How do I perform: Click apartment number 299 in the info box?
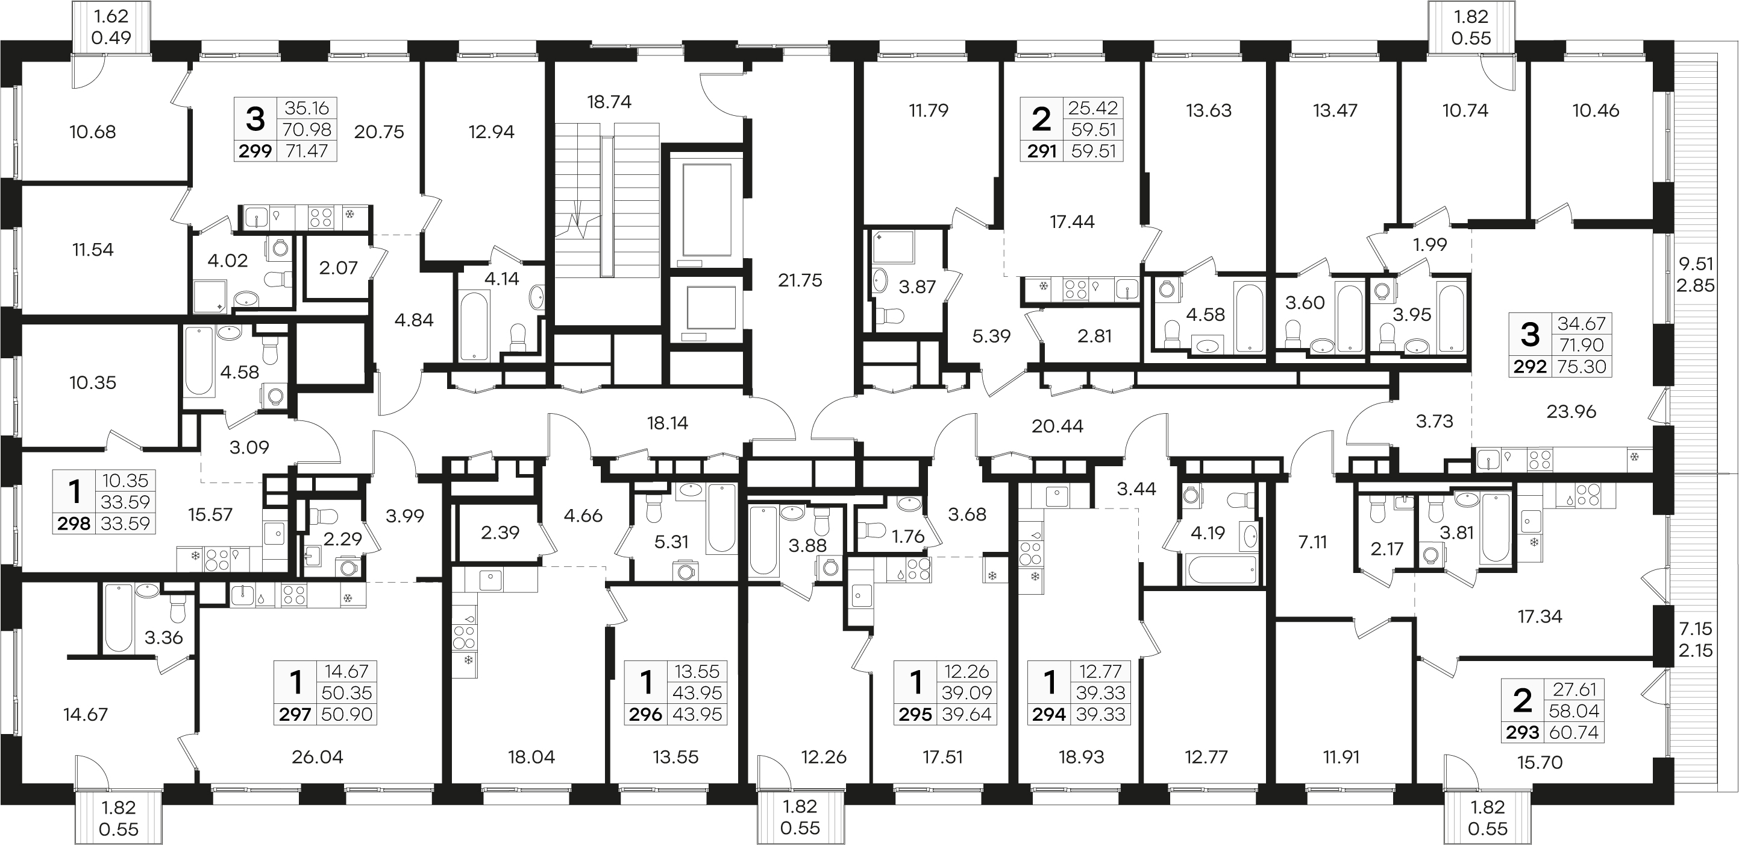(255, 151)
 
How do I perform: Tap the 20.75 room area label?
(379, 131)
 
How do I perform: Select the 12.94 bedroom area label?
(492, 131)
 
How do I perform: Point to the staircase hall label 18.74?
(609, 102)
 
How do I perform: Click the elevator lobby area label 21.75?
(800, 280)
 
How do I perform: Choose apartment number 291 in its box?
(1042, 151)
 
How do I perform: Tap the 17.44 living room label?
(1072, 221)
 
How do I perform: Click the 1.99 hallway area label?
(1430, 244)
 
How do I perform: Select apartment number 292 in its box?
(1530, 367)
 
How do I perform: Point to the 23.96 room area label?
(1571, 411)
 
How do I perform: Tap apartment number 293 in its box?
(1522, 732)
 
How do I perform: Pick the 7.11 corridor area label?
(1312, 542)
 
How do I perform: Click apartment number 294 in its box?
(1049, 714)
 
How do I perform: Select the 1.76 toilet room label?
(907, 537)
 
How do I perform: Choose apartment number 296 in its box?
(645, 714)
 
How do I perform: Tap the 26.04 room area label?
(318, 757)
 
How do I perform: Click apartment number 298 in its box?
(74, 524)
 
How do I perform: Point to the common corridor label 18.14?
(667, 423)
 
